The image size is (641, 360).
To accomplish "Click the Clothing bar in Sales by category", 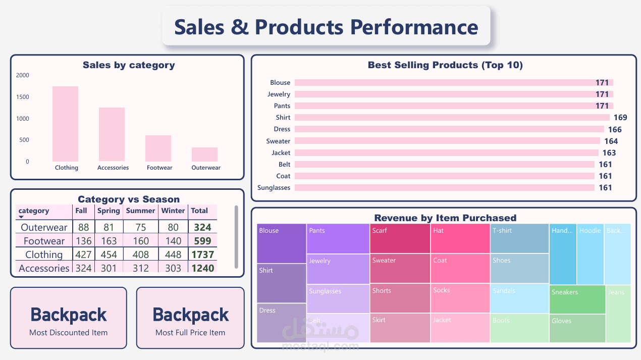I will (65, 124).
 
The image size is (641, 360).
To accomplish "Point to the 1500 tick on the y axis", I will (23, 97).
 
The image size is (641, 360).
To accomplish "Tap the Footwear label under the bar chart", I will (159, 168).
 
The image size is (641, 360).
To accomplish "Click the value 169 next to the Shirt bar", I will (620, 118).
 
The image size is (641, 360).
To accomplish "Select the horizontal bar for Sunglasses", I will (444, 188).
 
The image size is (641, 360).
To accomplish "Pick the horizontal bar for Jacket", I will (446, 152).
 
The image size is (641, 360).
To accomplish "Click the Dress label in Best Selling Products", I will (282, 129).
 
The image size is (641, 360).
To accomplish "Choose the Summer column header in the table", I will (140, 211).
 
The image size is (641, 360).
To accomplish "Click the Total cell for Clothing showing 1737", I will (202, 254).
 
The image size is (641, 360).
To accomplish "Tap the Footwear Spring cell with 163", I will (109, 241).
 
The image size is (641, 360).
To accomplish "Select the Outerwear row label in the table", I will (44, 228).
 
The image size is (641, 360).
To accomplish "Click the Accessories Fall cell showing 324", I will (83, 268).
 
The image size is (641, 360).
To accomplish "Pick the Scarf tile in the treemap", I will (400, 238).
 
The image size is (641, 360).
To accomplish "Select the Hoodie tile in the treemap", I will (590, 254).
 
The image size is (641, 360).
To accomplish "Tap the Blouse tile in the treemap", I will (281, 243).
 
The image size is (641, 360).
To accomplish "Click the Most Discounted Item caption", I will (68, 333).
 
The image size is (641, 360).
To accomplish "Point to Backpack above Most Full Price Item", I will (191, 315).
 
